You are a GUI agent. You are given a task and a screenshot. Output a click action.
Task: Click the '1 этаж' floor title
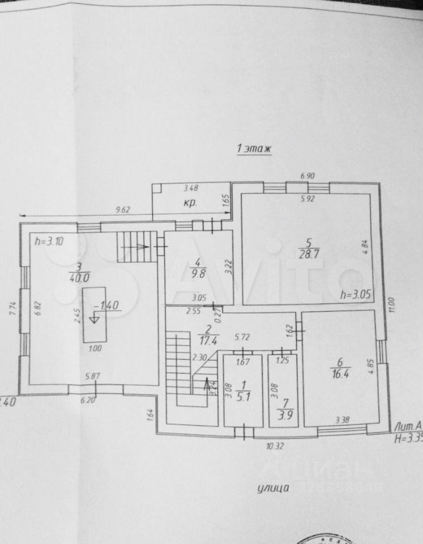pos(254,148)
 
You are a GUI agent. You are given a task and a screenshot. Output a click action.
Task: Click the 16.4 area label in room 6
pos(340,372)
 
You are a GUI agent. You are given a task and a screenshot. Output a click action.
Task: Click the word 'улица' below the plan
pos(274,487)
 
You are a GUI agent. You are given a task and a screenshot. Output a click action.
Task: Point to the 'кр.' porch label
pos(189,204)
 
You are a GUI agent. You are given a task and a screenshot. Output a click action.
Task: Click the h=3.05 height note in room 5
pos(354,295)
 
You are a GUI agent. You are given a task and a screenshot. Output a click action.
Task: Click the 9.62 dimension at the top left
pos(123,210)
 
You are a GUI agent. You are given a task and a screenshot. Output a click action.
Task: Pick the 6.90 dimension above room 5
pos(306,176)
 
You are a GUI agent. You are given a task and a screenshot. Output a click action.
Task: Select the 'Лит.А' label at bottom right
pos(407,424)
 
